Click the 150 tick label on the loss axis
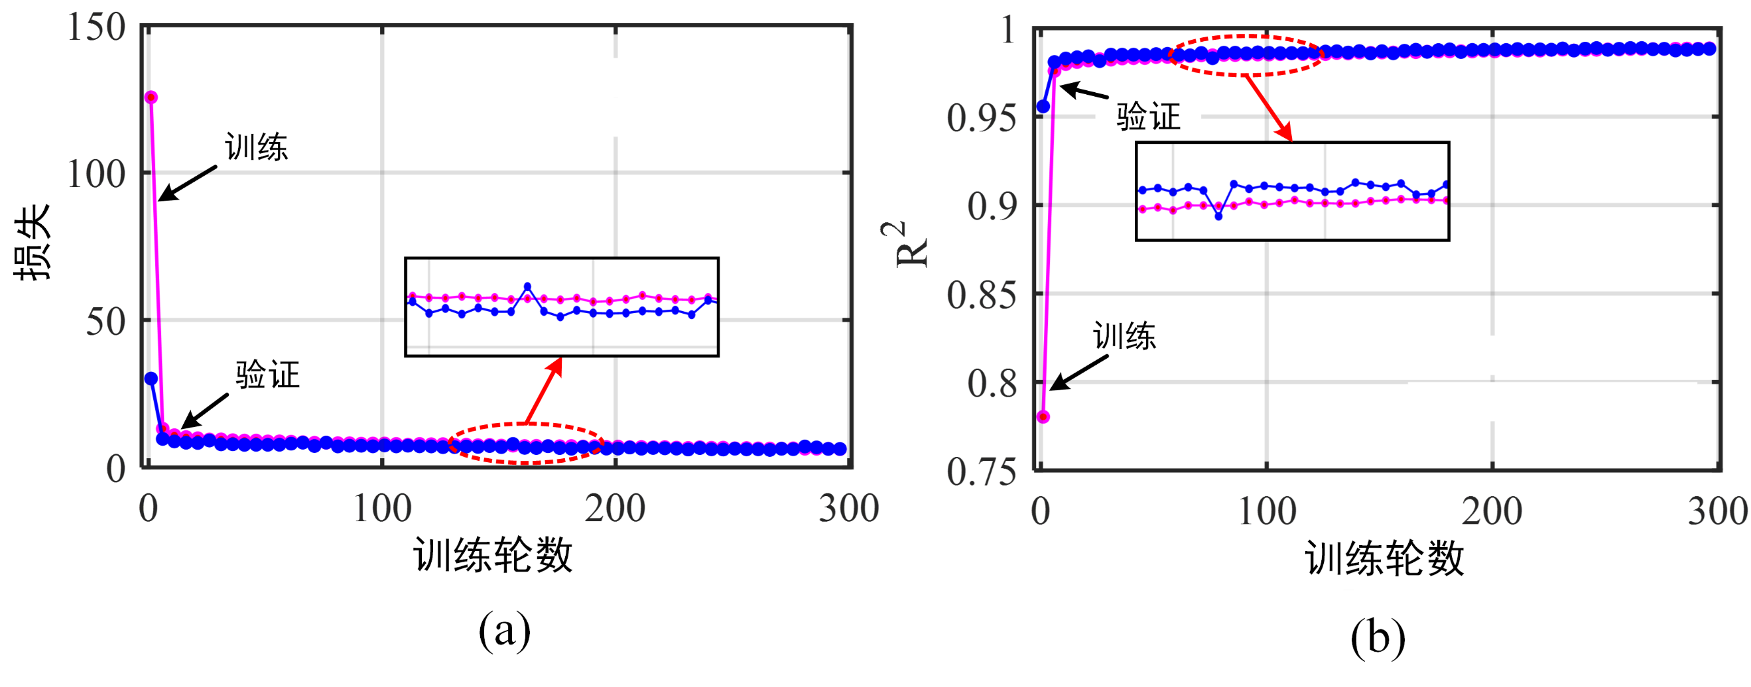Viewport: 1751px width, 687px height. tap(97, 29)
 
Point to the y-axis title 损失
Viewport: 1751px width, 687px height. tap(32, 242)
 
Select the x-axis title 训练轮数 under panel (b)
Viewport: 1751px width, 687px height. tap(1384, 558)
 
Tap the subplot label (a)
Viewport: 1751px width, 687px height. tap(504, 631)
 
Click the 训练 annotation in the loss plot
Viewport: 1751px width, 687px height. tap(256, 147)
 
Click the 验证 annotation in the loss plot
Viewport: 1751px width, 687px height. tap(267, 375)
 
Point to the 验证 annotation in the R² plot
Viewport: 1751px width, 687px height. tap(1148, 116)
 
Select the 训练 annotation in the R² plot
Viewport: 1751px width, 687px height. tap(1124, 336)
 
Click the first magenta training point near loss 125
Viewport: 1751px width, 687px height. tap(151, 98)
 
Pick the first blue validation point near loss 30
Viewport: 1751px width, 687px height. tap(151, 379)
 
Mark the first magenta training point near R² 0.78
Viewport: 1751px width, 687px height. tap(1043, 416)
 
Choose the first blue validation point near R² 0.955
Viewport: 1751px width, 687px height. tap(1043, 107)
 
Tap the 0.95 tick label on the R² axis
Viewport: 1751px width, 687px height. tap(982, 118)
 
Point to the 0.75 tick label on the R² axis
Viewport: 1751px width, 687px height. tap(982, 471)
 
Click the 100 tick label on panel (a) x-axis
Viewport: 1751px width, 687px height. tap(382, 508)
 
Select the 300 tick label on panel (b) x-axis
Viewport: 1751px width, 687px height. tap(1717, 511)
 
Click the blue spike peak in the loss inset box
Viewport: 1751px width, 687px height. tap(527, 286)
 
